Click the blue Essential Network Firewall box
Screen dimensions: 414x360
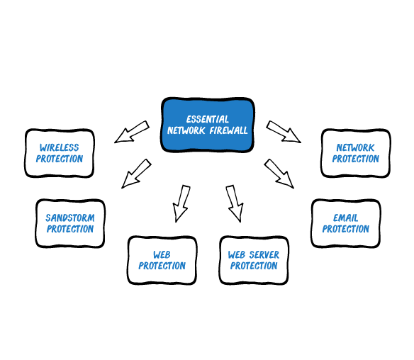pyautogui.click(x=208, y=125)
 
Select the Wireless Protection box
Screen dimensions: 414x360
pyautogui.click(x=60, y=153)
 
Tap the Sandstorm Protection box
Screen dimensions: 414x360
pyautogui.click(x=70, y=223)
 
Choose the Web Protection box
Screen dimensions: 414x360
pyautogui.click(x=162, y=260)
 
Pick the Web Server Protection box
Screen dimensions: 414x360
pyautogui.click(x=254, y=260)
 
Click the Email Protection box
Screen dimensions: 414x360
pyautogui.click(x=346, y=223)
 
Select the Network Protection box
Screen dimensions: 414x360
pyautogui.click(x=356, y=153)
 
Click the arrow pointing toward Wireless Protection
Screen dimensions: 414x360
pyautogui.click(x=131, y=132)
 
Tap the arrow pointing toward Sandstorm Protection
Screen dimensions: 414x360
pyautogui.click(x=136, y=174)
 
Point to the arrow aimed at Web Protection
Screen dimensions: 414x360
pyautogui.click(x=181, y=203)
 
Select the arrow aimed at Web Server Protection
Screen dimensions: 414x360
pyautogui.click(x=235, y=203)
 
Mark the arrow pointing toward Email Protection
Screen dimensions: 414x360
pyautogui.click(x=279, y=174)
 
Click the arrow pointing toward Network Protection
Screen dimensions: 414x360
pyautogui.click(x=284, y=132)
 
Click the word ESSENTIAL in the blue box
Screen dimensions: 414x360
pyautogui.click(x=208, y=119)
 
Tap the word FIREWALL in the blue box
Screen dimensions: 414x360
pyautogui.click(x=229, y=130)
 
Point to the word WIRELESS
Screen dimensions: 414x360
pyautogui.click(x=60, y=147)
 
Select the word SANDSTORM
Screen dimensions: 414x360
pyautogui.click(x=70, y=218)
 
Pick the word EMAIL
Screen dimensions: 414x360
pyautogui.click(x=346, y=218)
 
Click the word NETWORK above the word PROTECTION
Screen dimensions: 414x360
pyautogui.click(x=356, y=147)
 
